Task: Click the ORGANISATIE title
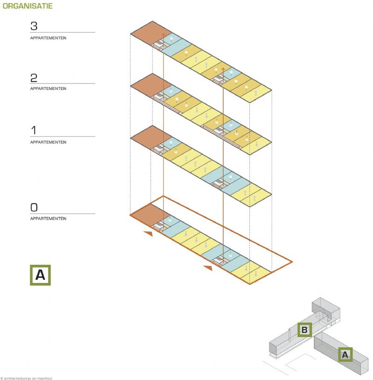[28, 6]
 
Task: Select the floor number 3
[34, 26]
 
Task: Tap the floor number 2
[34, 78]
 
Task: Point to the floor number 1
[34, 130]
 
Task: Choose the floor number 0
[34, 207]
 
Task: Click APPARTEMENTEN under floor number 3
[48, 38]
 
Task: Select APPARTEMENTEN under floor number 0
[48, 219]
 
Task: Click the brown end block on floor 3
[151, 33]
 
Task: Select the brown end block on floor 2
[151, 85]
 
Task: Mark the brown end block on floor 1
[150, 138]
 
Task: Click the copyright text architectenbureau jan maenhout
[26, 378]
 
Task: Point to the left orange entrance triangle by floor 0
[148, 234]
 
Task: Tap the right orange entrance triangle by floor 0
[208, 268]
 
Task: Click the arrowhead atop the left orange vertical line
[163, 35]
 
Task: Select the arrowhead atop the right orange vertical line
[223, 69]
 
